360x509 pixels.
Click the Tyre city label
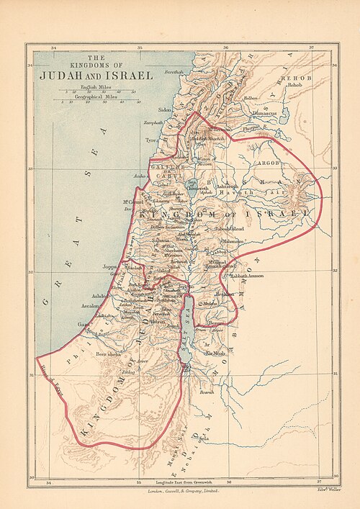[x=151, y=140]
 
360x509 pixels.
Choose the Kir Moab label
[x=215, y=354]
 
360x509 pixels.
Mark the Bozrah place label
[x=207, y=392]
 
